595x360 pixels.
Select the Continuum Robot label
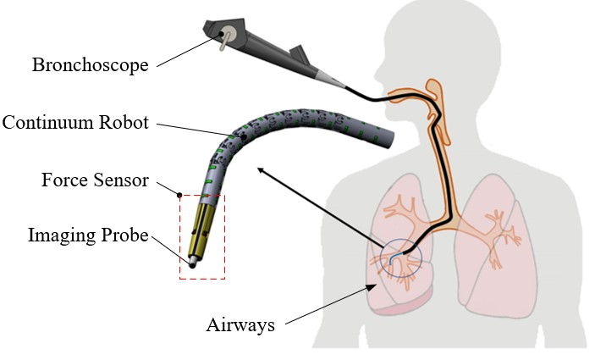75,123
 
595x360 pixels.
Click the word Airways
241,325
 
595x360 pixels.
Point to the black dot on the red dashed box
179,195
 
